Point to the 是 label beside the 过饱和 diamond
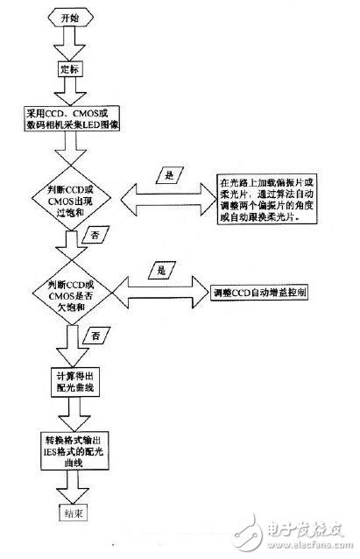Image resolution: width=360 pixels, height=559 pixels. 170,176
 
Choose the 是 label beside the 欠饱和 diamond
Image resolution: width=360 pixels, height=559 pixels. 161,272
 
